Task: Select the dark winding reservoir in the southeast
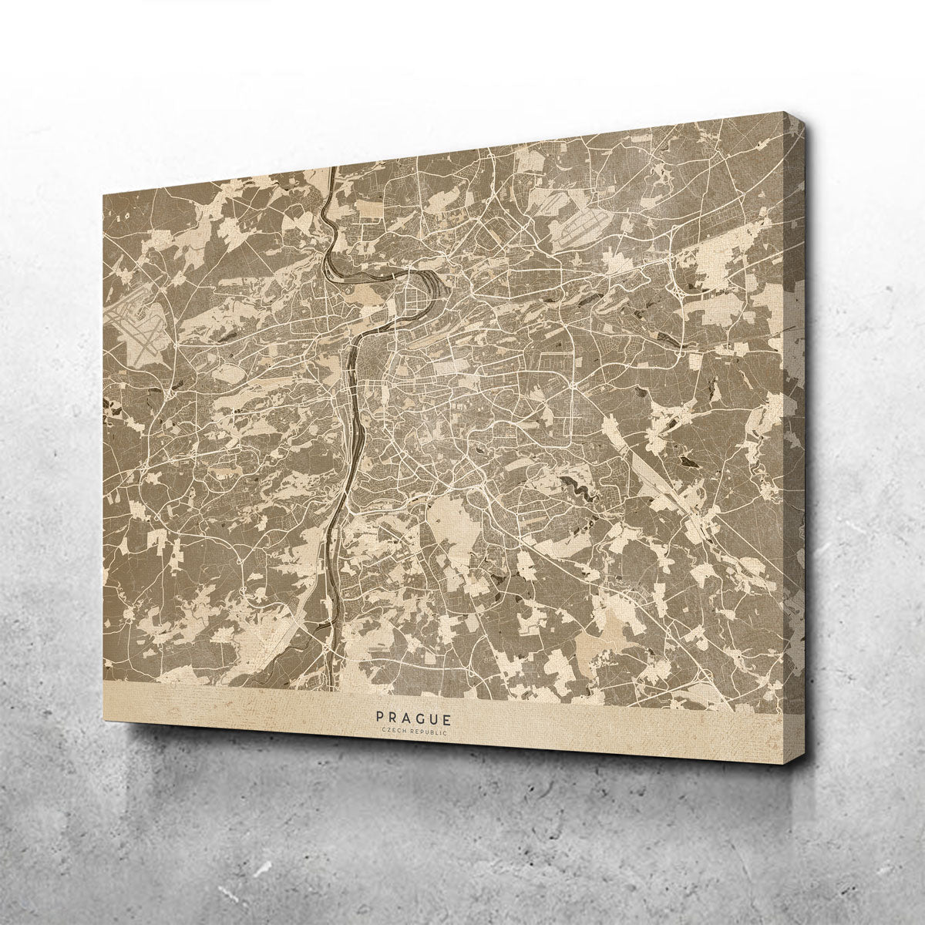[x=574, y=485]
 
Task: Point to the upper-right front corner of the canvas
[x=784, y=120]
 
